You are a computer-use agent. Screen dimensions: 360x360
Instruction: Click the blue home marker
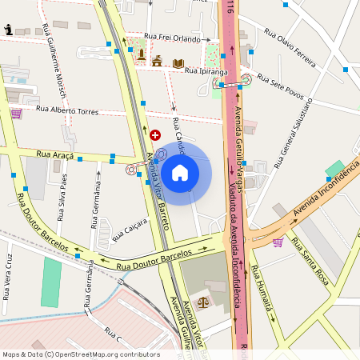pyautogui.click(x=180, y=172)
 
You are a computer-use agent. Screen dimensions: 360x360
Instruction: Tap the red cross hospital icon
pyautogui.click(x=155, y=137)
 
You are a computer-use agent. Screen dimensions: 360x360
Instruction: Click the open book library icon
pyautogui.click(x=178, y=62)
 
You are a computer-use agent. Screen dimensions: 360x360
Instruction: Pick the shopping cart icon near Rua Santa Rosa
pyautogui.click(x=278, y=242)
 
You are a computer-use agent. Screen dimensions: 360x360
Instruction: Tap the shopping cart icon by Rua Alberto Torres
pyautogui.click(x=16, y=114)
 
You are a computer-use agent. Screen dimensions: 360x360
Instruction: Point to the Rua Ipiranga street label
pyautogui.click(x=206, y=72)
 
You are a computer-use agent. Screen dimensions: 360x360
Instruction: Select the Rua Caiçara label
pyautogui.click(x=130, y=229)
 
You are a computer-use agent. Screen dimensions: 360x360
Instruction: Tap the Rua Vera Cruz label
pyautogui.click(x=7, y=277)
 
